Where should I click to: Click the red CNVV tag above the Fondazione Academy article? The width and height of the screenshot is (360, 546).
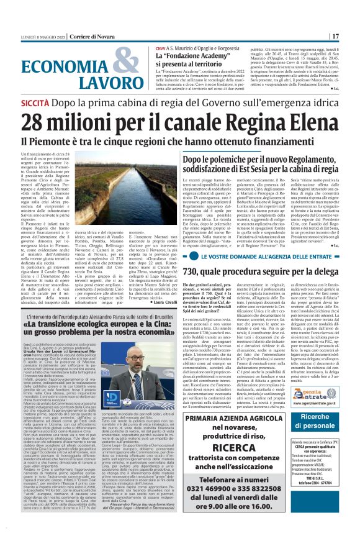(161, 47)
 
